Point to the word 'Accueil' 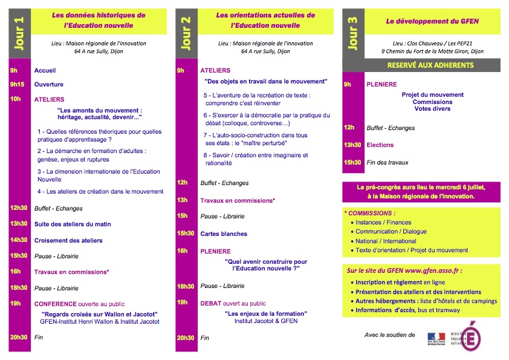click(x=45, y=71)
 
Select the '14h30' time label click(x=19, y=240)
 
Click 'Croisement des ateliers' click(x=68, y=240)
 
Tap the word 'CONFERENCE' click(x=56, y=304)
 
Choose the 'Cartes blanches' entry click(x=224, y=234)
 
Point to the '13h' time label click(x=182, y=200)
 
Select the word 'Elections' click(x=380, y=145)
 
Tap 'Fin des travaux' click(x=387, y=162)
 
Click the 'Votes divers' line click(x=433, y=109)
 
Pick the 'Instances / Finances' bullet click(x=383, y=223)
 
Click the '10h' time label click(x=15, y=99)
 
